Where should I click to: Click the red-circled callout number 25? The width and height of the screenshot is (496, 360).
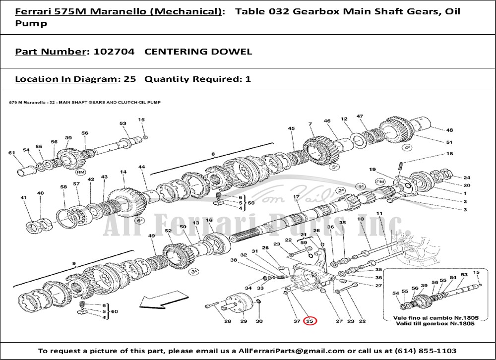pyautogui.click(x=310, y=321)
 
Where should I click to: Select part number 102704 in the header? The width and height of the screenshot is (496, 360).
pyautogui.click(x=111, y=52)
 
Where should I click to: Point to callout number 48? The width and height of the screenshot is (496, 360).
pyautogui.click(x=449, y=130)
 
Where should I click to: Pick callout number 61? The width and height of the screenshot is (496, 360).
pyautogui.click(x=11, y=153)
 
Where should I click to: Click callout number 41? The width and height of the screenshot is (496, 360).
pyautogui.click(x=23, y=198)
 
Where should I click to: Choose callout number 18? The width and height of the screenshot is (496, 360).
pyautogui.click(x=449, y=154)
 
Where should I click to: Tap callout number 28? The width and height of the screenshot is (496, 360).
pyautogui.click(x=227, y=321)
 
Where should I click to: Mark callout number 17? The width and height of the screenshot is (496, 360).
pyautogui.click(x=296, y=197)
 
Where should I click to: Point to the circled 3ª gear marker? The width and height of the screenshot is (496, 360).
pyautogui.click(x=194, y=271)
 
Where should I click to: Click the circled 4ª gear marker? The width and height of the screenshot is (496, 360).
pyautogui.click(x=407, y=147)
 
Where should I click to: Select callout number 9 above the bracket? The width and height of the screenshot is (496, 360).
pyautogui.click(x=74, y=264)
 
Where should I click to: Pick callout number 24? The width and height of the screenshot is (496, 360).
pyautogui.click(x=466, y=178)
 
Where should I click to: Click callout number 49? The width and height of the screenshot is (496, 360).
pyautogui.click(x=152, y=237)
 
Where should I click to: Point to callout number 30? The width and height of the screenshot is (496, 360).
pyautogui.click(x=259, y=321)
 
